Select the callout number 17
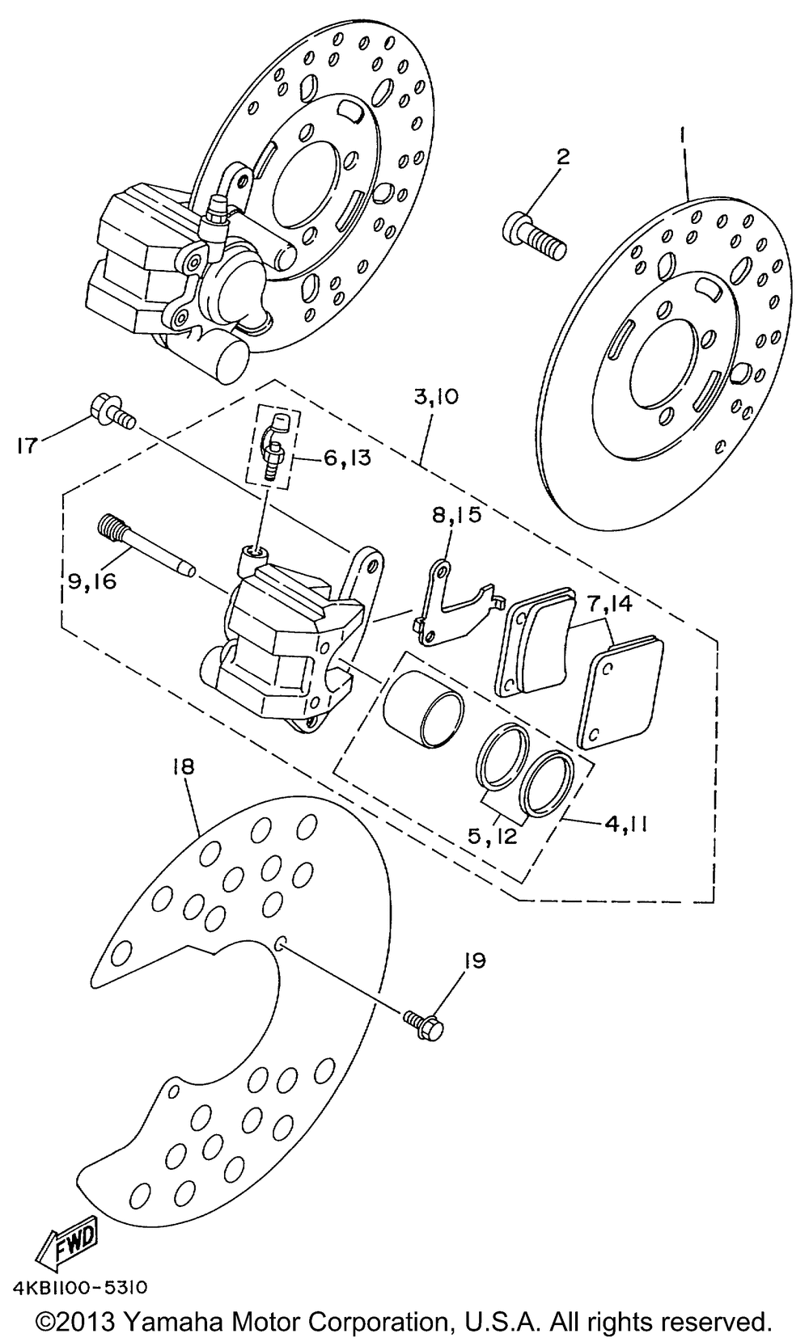coord(28,445)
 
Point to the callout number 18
coord(184,766)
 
